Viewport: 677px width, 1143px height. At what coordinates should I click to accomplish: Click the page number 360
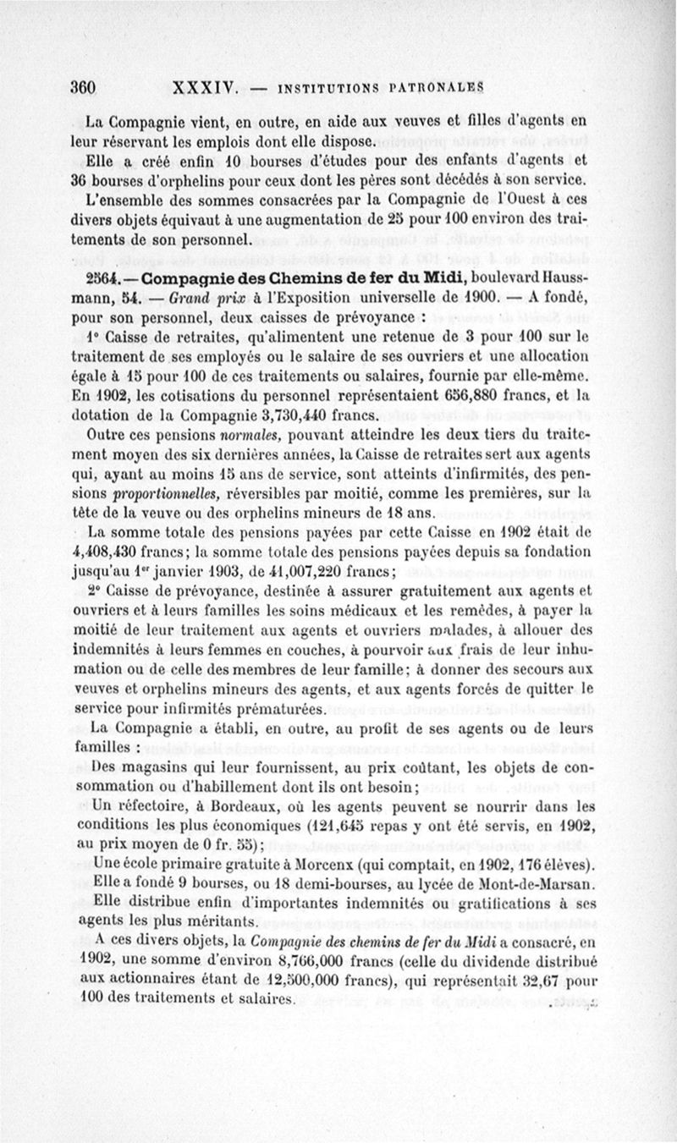85,87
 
